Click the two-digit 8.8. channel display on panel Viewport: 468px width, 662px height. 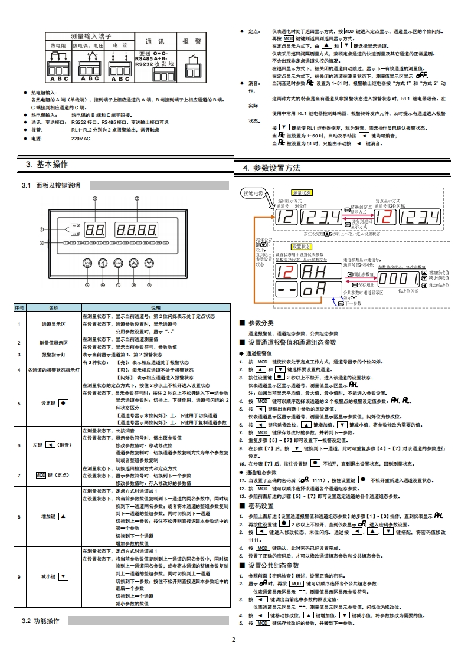tap(95, 230)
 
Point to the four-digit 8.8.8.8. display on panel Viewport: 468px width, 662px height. tap(136, 230)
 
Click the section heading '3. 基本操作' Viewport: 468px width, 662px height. tap(47, 163)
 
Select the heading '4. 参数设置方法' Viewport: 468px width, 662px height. tap(271, 168)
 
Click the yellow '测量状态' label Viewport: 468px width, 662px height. tap(302, 193)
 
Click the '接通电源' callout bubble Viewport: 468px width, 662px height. tap(254, 193)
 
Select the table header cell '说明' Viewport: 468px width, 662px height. tap(155, 308)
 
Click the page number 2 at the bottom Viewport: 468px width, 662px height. tap(233, 640)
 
